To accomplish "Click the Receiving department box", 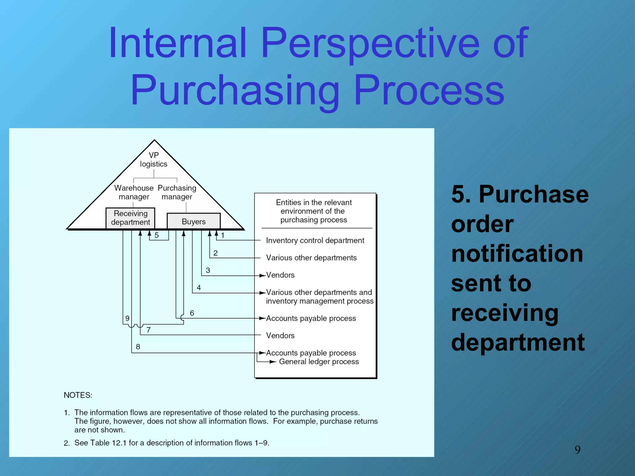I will coord(130,218).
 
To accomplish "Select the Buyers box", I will coord(193,221).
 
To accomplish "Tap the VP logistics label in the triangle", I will coord(153,159).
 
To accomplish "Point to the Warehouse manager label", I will coord(134,192).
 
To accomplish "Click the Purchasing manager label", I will coord(177,192).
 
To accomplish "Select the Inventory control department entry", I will coord(315,240).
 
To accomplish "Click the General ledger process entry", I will coord(319,362).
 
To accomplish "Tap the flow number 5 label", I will coord(157,235).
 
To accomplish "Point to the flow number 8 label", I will coord(138,347).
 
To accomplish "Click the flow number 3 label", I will coord(208,270).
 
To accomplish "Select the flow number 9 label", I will coord(127,318).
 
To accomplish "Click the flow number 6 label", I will coord(192,313).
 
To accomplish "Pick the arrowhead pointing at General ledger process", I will coord(273,362).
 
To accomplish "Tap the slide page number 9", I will coord(577,449).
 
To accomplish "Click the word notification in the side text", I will coord(517,253).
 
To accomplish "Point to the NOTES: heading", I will coord(78,395).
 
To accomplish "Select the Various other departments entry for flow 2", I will coord(311,258).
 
